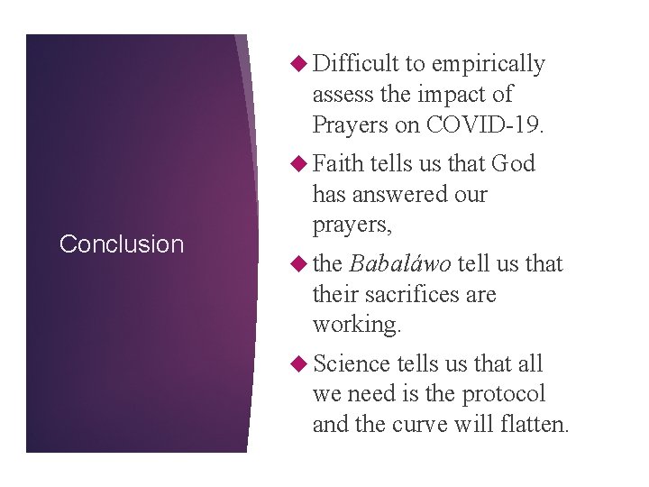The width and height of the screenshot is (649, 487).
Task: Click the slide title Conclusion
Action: pyautogui.click(x=121, y=243)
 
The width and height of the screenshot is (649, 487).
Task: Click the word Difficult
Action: pyautogui.click(x=356, y=64)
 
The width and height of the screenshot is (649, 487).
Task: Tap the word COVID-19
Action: pyautogui.click(x=486, y=124)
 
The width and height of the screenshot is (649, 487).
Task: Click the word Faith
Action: pyautogui.click(x=338, y=164)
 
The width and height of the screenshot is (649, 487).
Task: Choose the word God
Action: pyautogui.click(x=513, y=164)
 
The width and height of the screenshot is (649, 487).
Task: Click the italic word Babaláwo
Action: pyautogui.click(x=400, y=264)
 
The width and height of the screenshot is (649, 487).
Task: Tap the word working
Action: pyautogui.click(x=356, y=325)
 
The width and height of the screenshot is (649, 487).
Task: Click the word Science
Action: pyautogui.click(x=352, y=364)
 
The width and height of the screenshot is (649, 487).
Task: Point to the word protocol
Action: pyautogui.click(x=503, y=394)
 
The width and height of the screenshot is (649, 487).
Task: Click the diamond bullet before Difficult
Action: pyautogui.click(x=302, y=64)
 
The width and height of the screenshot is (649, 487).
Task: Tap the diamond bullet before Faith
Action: pyautogui.click(x=302, y=164)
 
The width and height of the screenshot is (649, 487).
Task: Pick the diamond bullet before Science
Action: pyautogui.click(x=302, y=364)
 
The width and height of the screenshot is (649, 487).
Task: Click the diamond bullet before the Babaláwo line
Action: pyautogui.click(x=302, y=264)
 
